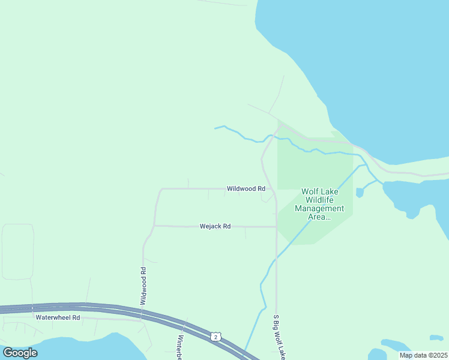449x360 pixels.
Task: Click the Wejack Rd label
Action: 215,226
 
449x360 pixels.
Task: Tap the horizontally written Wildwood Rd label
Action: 246,188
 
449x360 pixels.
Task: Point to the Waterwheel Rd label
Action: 58,317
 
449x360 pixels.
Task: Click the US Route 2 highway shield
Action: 215,337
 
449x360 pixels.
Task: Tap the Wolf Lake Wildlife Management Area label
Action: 319,204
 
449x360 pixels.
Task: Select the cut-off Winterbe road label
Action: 179,347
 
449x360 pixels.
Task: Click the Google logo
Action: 20,353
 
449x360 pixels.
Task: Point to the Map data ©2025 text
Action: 423,355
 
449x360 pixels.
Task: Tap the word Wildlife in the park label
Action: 319,200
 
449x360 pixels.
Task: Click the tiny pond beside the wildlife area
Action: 360,193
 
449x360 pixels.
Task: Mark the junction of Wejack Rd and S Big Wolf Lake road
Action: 276,227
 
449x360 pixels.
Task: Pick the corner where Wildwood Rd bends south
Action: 160,189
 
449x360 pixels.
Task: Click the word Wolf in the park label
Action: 311,191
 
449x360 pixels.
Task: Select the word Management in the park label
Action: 319,208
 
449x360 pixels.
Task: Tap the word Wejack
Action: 210,226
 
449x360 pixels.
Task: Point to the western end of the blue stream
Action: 215,128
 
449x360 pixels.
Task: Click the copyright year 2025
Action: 436,355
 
